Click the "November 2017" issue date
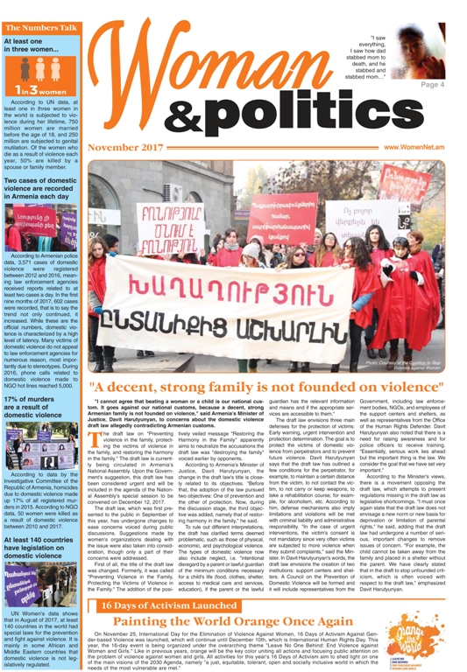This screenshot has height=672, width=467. click(x=125, y=148)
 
